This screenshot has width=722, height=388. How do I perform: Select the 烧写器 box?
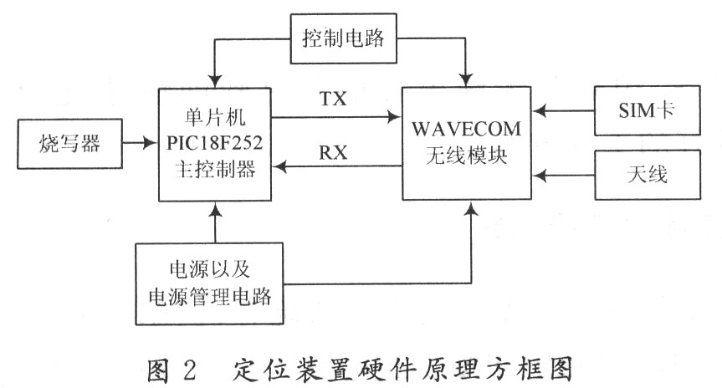[x=69, y=144]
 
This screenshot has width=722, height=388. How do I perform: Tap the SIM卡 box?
[x=644, y=109]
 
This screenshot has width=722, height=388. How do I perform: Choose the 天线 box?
[x=644, y=176]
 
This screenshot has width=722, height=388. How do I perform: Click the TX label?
[x=333, y=100]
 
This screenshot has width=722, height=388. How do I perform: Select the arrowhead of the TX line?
[x=394, y=117]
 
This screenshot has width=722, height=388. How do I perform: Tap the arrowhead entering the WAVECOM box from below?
[x=473, y=208]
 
